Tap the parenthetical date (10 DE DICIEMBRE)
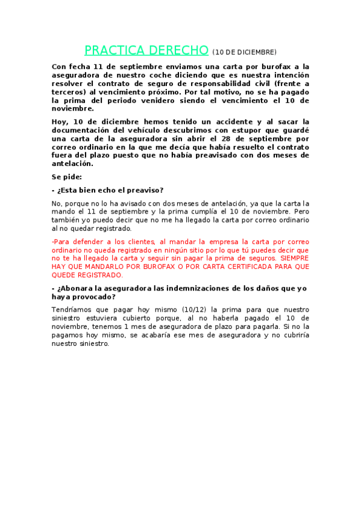coord(244,52)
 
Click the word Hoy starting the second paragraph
coord(60,121)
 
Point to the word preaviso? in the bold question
coord(145,190)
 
